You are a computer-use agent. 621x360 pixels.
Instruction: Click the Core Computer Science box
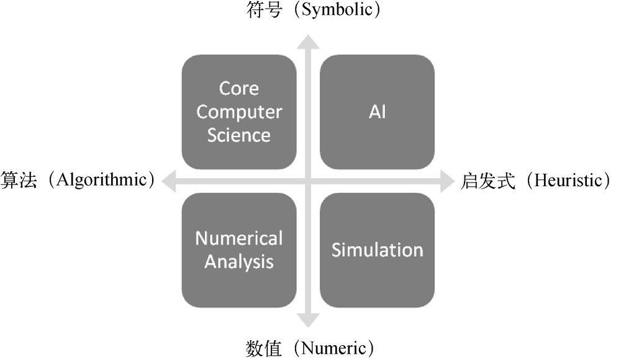[239, 112]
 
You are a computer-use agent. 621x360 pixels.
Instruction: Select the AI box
[377, 112]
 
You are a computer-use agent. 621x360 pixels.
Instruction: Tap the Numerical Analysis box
[239, 250]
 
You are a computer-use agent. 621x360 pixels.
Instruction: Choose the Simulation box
[377, 250]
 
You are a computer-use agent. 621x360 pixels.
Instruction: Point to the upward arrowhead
[309, 42]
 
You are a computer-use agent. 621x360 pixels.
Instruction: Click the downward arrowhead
[309, 320]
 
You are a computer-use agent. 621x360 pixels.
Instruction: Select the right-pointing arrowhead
[448, 181]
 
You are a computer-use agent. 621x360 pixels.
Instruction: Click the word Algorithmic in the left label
[101, 181]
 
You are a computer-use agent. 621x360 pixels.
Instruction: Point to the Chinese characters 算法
[20, 181]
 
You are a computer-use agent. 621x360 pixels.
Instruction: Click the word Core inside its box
[239, 89]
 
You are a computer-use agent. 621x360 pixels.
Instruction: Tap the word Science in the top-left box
[239, 135]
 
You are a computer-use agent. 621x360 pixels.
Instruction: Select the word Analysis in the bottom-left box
[239, 261]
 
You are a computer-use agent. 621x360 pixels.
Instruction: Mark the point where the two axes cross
[309, 181]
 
